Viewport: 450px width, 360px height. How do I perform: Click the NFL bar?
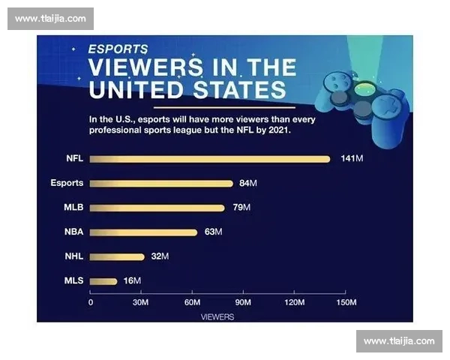pos(210,159)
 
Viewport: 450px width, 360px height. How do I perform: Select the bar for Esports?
pos(161,183)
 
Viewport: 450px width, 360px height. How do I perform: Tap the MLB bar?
pos(157,208)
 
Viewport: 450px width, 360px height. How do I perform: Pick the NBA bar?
pos(143,232)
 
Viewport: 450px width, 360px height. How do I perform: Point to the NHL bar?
pos(117,256)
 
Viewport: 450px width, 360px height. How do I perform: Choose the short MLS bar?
pos(103,281)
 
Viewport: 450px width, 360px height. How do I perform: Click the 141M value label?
pos(352,159)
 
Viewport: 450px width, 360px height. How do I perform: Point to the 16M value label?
pos(132,281)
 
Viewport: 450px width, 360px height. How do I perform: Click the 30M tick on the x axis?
pos(140,302)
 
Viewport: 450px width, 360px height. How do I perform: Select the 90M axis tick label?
pos(242,302)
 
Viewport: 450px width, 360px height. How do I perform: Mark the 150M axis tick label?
pos(345,302)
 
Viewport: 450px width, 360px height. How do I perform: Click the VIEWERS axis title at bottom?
pos(217,316)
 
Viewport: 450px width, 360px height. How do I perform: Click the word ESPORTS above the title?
pos(118,49)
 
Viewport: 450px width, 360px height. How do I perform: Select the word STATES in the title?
pos(237,90)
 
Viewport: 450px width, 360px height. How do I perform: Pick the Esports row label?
pos(67,183)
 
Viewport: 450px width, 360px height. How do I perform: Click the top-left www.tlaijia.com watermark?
pos(50,19)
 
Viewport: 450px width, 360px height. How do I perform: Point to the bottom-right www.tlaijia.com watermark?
pos(399,341)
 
